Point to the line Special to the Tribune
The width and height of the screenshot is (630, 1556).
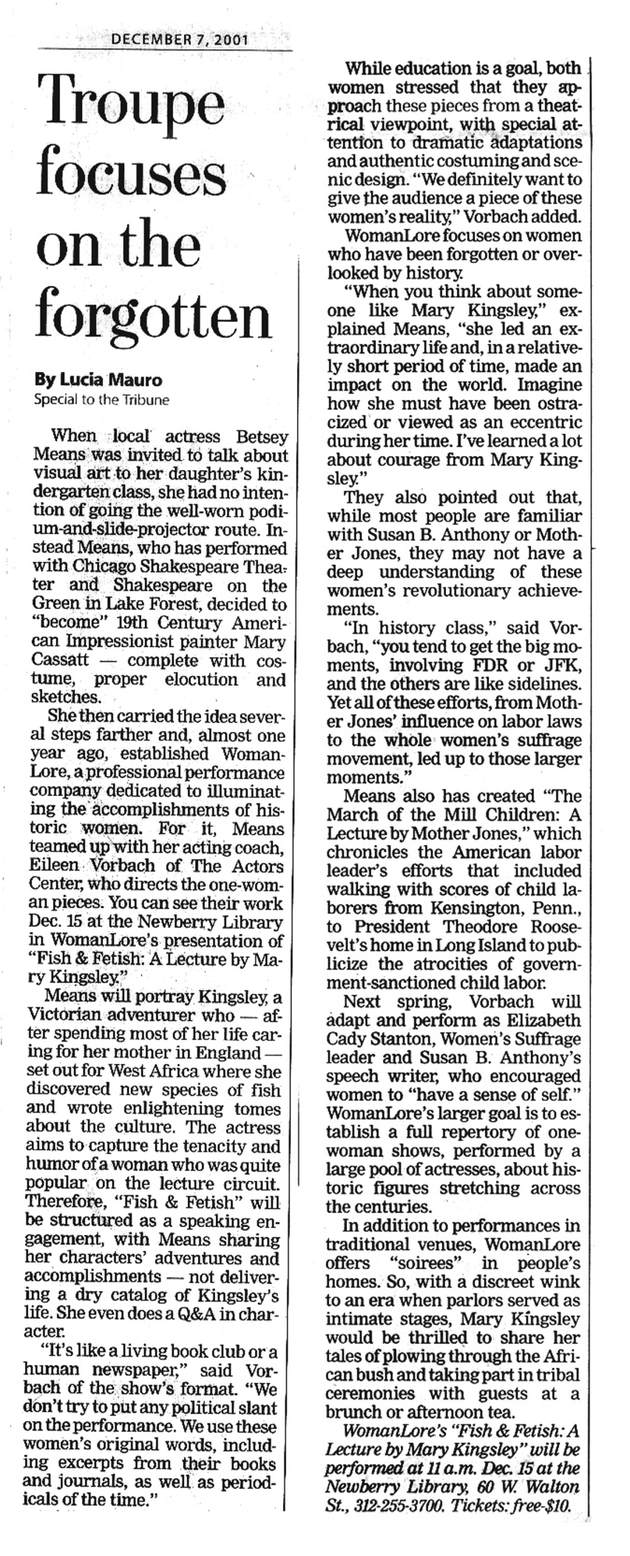click(x=102, y=399)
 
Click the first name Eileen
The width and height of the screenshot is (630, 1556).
click(x=55, y=866)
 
